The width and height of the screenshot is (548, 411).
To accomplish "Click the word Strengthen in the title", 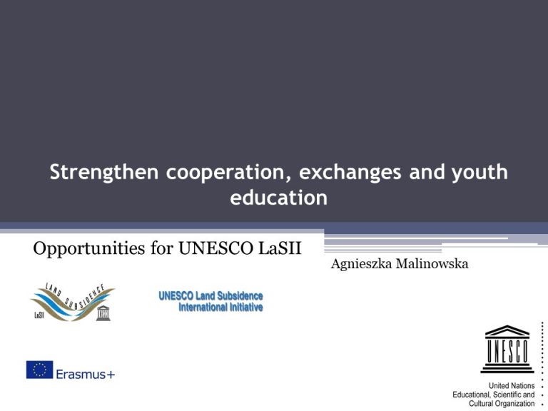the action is [103, 173].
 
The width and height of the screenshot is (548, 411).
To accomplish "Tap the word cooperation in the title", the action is [228, 173].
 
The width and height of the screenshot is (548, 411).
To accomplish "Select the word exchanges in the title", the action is [350, 172].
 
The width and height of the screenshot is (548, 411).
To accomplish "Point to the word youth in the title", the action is [479, 173].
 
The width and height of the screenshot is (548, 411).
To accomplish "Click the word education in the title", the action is [278, 198].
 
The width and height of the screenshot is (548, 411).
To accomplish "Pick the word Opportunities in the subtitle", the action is [89, 249].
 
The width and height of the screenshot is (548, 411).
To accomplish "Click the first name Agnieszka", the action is [361, 265].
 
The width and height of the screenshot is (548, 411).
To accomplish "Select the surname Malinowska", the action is [432, 264].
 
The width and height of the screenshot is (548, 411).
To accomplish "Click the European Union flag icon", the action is [39, 370].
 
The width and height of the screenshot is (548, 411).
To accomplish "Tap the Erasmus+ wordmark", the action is [86, 375].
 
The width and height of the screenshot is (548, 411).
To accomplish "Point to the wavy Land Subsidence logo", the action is [73, 302].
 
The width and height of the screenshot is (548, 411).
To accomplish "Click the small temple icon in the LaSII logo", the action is [103, 313].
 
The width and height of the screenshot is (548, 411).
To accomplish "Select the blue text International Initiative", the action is [220, 308].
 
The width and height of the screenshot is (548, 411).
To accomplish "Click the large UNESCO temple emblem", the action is [507, 349].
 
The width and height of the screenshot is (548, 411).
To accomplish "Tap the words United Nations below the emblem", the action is [512, 386].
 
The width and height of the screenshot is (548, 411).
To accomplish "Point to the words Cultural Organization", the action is [502, 404].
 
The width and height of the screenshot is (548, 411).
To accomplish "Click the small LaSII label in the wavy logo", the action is [39, 315].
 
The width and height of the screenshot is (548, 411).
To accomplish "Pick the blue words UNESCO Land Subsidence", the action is [210, 296].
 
